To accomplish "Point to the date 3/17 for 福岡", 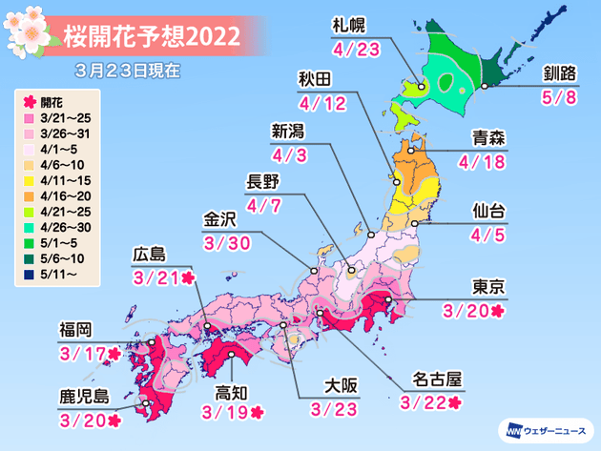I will [x=81, y=354].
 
